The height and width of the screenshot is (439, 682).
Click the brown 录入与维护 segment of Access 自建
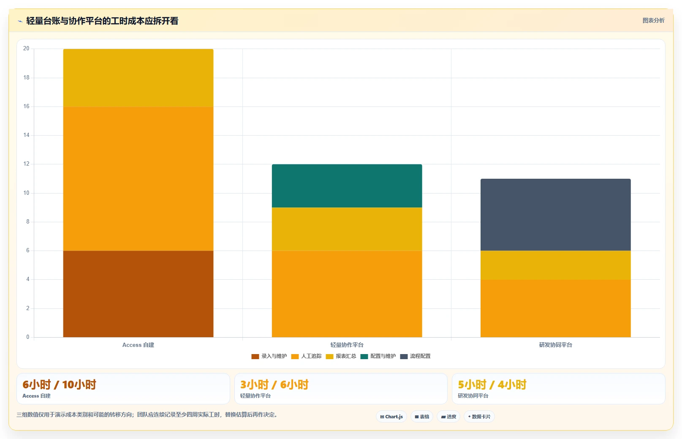138,294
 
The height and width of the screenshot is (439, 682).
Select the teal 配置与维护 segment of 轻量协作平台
347,186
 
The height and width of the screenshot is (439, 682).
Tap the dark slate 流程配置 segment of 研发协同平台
556,215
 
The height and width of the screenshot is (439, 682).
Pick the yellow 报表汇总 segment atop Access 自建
138,78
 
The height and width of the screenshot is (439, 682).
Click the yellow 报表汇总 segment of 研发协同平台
556,265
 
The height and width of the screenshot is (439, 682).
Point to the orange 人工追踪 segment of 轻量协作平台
347,294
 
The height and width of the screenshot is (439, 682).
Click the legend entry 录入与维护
269,356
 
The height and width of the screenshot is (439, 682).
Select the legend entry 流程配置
415,356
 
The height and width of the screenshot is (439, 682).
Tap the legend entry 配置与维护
378,356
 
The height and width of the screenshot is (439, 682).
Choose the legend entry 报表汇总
341,356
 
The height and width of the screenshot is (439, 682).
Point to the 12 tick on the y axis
27,164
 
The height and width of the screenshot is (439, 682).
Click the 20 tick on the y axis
27,49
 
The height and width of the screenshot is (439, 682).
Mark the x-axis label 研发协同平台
556,345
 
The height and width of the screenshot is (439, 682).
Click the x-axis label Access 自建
138,345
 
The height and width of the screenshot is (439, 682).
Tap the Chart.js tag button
391,417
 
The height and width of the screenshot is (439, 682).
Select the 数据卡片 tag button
479,417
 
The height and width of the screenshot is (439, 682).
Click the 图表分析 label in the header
653,20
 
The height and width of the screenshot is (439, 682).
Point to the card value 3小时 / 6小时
274,384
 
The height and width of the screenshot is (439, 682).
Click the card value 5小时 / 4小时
492,384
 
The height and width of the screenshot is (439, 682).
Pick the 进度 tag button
448,417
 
